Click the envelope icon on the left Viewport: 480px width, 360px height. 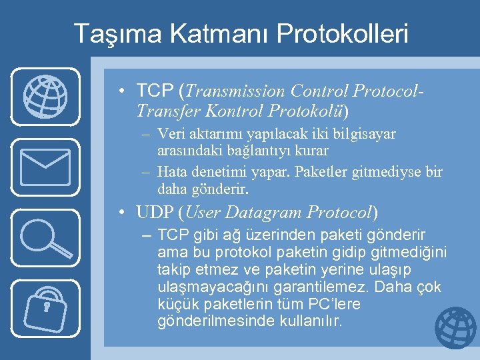45,167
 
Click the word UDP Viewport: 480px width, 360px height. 155,213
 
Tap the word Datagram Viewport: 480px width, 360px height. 265,213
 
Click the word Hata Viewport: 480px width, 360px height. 173,172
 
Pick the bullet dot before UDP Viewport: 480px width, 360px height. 124,213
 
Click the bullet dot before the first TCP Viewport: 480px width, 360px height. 124,91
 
